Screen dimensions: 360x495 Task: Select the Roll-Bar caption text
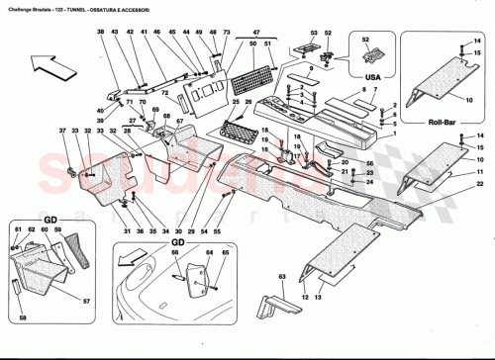coord(440,126)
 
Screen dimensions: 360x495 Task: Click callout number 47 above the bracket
coord(256,33)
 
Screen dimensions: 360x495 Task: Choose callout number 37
coord(61,132)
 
